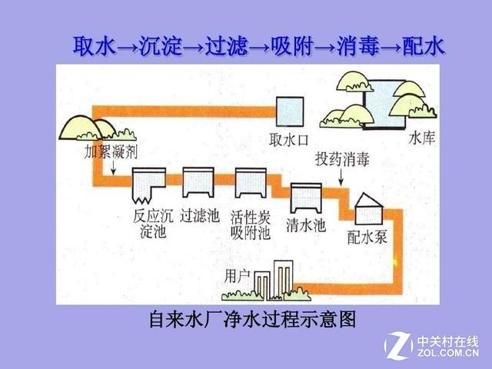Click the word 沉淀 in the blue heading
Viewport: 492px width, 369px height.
(161, 46)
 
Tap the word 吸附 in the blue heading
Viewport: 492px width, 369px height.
(292, 46)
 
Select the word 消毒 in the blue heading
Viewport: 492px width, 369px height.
(358, 46)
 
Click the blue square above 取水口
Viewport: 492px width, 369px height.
(290, 111)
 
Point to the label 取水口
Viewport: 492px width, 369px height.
(289, 140)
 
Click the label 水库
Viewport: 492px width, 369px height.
(422, 138)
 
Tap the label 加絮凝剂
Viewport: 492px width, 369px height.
(111, 152)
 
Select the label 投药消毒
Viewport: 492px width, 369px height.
(342, 159)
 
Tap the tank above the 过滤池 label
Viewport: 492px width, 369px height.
(198, 182)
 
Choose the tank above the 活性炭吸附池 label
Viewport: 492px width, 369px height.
(251, 183)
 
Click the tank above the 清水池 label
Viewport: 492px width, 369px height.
(306, 198)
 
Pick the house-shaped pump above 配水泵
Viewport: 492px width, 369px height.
(369, 209)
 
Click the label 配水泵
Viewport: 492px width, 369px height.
(367, 237)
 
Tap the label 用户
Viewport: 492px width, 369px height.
(237, 277)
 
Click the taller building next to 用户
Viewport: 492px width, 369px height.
(284, 278)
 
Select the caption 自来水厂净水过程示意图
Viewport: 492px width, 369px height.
(253, 320)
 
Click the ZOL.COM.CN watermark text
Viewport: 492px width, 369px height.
(448, 353)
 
